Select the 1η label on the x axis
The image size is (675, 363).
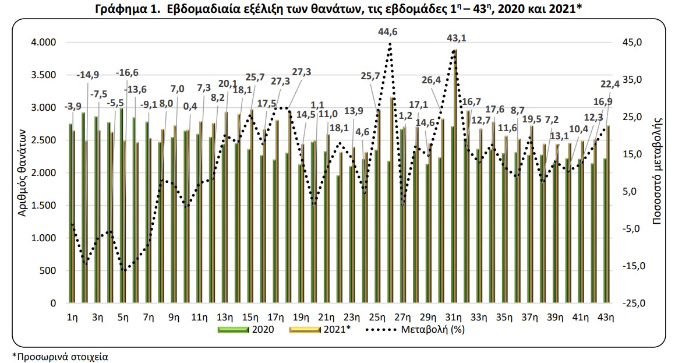click(x=73, y=318)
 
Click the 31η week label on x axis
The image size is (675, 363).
click(x=454, y=318)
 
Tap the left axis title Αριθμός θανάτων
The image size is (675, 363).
click(x=22, y=172)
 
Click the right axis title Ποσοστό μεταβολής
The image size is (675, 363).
click(x=659, y=172)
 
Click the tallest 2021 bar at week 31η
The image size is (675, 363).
click(x=455, y=175)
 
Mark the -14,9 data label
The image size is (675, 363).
click(x=87, y=75)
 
